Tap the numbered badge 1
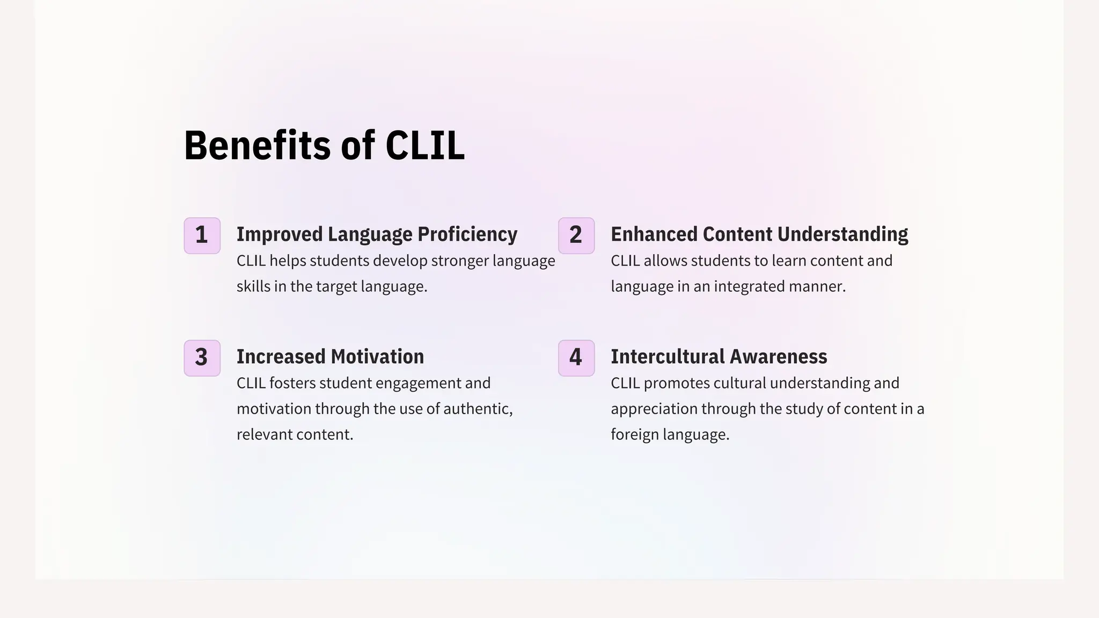pos(202,236)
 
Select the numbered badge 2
pos(576,236)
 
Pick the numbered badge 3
pos(202,358)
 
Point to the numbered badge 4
pos(576,358)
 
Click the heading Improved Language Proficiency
pos(377,234)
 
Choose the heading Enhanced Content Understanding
pos(759,234)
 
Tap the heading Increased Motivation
pos(330,357)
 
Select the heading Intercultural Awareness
pos(719,357)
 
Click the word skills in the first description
pos(253,286)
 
